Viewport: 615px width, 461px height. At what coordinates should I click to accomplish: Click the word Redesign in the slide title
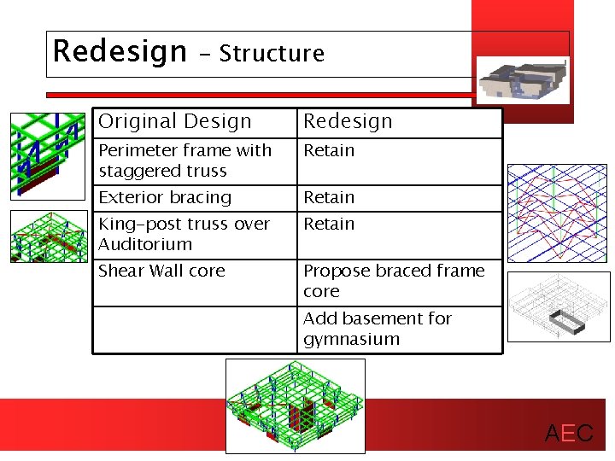click(x=119, y=52)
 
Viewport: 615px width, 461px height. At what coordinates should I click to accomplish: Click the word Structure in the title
click(x=272, y=54)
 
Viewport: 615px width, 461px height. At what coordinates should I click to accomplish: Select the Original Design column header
click(x=175, y=122)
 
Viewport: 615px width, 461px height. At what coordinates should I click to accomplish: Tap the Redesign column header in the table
click(x=348, y=122)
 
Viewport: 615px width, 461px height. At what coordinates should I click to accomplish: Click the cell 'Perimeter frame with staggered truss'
click(x=185, y=160)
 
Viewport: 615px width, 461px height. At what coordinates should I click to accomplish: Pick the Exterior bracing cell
click(x=166, y=198)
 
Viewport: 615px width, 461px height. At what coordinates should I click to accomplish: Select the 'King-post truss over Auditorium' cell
click(x=184, y=234)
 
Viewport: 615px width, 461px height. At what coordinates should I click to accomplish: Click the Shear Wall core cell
click(x=161, y=271)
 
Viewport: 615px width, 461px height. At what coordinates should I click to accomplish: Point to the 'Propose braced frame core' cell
click(x=394, y=281)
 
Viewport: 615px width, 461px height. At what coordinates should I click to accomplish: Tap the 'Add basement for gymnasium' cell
click(x=377, y=329)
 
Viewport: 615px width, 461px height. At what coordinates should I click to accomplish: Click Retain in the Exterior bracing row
click(x=329, y=198)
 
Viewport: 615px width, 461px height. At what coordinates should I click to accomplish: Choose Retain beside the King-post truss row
click(x=329, y=225)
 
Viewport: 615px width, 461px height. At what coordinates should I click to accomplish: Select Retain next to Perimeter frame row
click(x=329, y=151)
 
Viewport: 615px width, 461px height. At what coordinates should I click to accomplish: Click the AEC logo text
click(x=569, y=434)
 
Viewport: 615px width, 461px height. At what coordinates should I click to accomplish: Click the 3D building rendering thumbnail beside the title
click(x=522, y=80)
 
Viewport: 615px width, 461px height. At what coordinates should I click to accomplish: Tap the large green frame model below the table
click(x=295, y=404)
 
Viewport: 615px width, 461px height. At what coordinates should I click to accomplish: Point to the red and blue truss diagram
click(x=558, y=213)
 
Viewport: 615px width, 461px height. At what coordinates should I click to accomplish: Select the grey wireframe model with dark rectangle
click(x=559, y=306)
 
